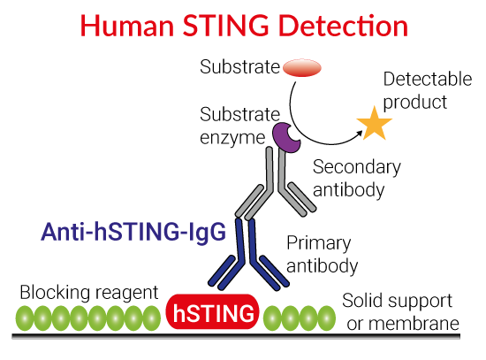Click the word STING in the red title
point(225,26)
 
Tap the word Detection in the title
point(343,26)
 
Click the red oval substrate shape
point(302,67)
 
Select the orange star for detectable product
point(375,124)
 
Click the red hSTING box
point(212,311)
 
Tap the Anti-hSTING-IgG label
point(133,232)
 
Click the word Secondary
point(357,167)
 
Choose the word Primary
point(319,243)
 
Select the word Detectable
point(428,79)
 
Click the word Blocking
point(55,293)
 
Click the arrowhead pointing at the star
point(360,134)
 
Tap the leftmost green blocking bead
point(25,318)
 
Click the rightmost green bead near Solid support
point(327,318)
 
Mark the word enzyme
point(232,138)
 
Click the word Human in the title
point(127,26)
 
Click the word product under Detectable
point(415,103)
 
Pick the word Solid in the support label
point(362,301)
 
